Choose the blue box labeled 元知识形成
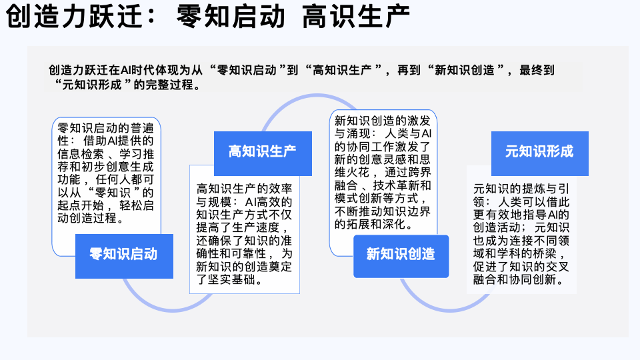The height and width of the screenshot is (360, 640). [539, 151]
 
